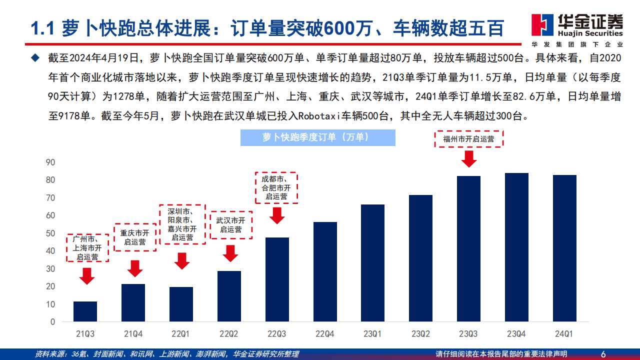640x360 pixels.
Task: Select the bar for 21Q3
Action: (85, 311)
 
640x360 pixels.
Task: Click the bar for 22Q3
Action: (277, 279)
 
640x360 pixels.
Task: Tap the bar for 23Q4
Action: (516, 247)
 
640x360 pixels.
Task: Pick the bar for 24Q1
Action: (564, 248)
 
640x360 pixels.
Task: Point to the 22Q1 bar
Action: (181, 304)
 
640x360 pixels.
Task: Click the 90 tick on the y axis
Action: (50, 162)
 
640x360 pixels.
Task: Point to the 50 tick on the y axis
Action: (50, 233)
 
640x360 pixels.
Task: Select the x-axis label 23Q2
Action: (420, 332)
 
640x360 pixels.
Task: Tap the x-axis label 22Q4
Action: (325, 332)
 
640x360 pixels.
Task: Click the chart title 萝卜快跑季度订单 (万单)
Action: (317, 137)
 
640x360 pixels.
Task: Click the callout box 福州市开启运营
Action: (468, 139)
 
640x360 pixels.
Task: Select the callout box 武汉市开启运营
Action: (231, 225)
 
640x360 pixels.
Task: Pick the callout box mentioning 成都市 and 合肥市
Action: (276, 187)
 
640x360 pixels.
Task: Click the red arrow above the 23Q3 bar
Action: (469, 158)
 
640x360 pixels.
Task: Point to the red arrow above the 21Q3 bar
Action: (87, 276)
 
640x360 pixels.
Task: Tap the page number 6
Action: (603, 354)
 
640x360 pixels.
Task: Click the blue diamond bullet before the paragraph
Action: (34, 58)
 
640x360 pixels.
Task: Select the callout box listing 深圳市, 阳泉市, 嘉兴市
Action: (182, 224)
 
